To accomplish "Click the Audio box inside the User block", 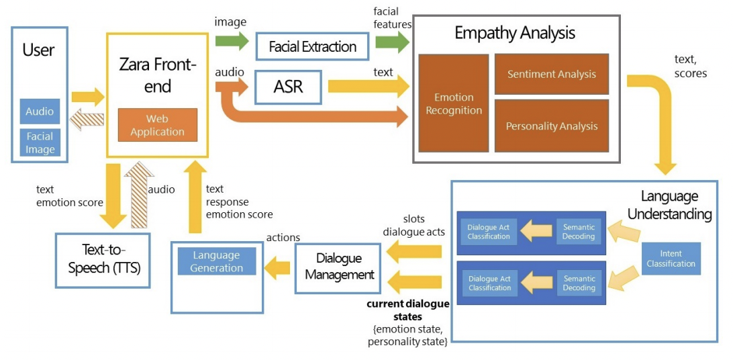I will coord(40,112).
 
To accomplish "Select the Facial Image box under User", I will coord(40,142).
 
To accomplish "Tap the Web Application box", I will coord(158,125).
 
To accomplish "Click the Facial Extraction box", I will coord(313,47).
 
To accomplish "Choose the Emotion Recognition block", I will coord(454,103).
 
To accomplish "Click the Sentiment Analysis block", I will coord(551,75).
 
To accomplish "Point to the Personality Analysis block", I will coord(551,126).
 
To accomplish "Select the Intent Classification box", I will coord(671,259).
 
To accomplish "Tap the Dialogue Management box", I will coord(340,268).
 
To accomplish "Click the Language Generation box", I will coord(217,261).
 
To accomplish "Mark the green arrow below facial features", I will coord(392,43).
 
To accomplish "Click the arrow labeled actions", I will coord(279,269).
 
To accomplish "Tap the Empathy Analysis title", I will coord(514,32).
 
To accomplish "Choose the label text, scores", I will coord(690,66).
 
